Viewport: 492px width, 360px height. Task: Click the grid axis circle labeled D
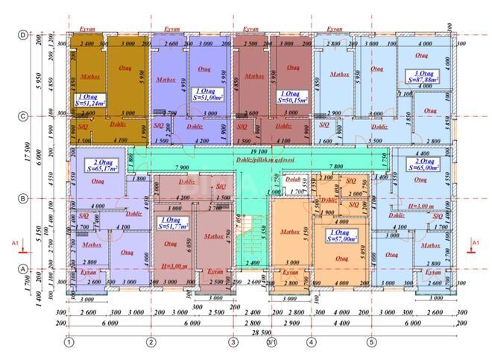tap(22, 35)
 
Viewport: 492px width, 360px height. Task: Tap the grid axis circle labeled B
tap(22, 198)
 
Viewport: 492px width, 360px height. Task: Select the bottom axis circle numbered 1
tap(69, 343)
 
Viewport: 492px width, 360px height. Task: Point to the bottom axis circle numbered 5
tap(370, 343)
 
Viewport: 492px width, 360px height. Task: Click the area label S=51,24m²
tap(89, 104)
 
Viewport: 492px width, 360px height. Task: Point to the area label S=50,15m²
tap(294, 99)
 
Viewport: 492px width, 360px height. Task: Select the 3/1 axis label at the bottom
tap(272, 343)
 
